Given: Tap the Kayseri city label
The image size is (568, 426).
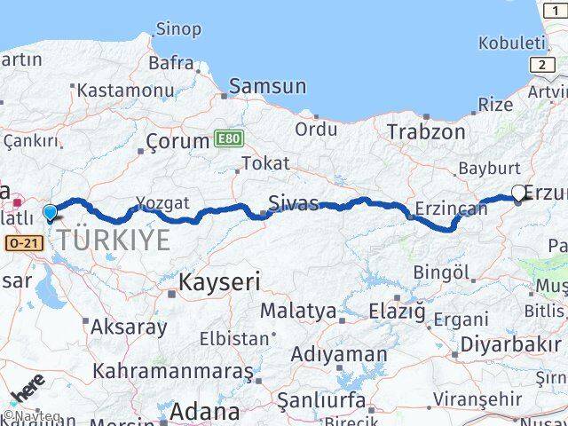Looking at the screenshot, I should point(219,283).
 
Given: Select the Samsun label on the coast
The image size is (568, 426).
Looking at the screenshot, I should point(267,86).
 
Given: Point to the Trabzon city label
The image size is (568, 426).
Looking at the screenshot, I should point(426,132).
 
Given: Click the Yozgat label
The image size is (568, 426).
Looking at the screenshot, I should point(163,202).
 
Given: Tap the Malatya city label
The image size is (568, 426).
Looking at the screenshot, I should point(298,312).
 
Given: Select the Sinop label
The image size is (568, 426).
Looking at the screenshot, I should point(178,29).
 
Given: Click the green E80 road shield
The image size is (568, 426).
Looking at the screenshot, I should point(226,139).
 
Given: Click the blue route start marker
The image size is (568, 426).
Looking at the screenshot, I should point(51,213).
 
